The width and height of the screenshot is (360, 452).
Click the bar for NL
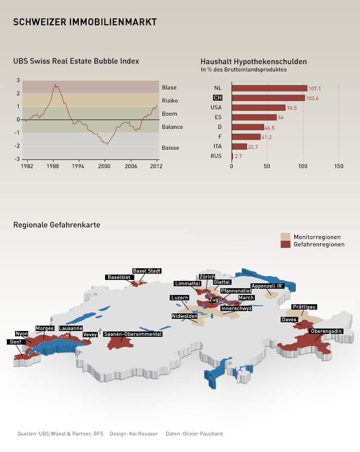pyautogui.click(x=270, y=88)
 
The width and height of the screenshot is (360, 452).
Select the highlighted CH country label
pyautogui.click(x=217, y=98)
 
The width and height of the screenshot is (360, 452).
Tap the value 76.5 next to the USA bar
pyautogui.click(x=292, y=108)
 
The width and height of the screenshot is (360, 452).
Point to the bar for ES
pyautogui.click(x=254, y=117)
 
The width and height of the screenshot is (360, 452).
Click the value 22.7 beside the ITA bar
pyautogui.click(x=253, y=147)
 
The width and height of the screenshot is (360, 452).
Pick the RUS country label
pyautogui.click(x=216, y=156)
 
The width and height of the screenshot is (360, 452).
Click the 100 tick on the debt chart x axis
pyautogui.click(x=303, y=166)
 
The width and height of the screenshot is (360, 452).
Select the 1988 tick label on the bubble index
pyautogui.click(x=53, y=166)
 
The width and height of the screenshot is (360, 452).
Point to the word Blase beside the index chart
pyautogui.click(x=169, y=87)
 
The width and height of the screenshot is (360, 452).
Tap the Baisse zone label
pyautogui.click(x=171, y=147)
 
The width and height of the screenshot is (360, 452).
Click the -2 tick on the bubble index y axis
pyautogui.click(x=18, y=146)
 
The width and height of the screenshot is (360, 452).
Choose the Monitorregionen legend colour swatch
pyautogui.click(x=286, y=237)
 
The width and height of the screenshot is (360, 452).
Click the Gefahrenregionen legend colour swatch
pyautogui.click(x=286, y=244)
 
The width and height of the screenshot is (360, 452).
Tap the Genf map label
pyautogui.click(x=15, y=342)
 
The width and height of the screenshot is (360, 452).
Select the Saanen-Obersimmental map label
pyautogui.click(x=133, y=334)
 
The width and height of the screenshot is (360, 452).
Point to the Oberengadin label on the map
pyautogui.click(x=326, y=331)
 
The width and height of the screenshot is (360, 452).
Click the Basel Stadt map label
pyautogui.click(x=146, y=271)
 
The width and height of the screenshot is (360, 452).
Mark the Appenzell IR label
pyautogui.click(x=267, y=286)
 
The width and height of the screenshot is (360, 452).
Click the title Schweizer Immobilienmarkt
pyautogui.click(x=85, y=22)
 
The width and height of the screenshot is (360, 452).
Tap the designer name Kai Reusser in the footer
pyautogui.click(x=144, y=434)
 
